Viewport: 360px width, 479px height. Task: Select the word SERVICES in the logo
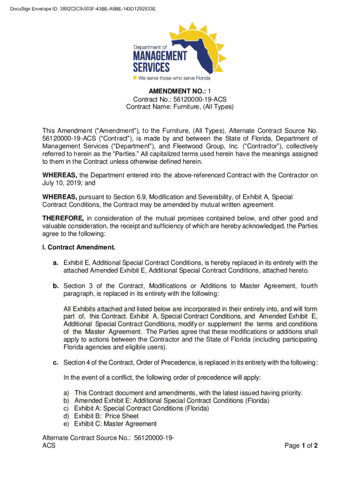[x=153, y=67]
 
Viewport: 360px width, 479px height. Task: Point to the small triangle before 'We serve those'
[x=136, y=78]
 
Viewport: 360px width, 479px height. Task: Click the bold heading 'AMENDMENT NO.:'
[x=170, y=92]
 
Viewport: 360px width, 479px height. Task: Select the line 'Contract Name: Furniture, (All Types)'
[x=180, y=107]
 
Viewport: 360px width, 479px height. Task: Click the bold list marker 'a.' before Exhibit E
[x=55, y=262]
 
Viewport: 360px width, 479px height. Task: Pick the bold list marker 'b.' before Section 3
[x=55, y=286]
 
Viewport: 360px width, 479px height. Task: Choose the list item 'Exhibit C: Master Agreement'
[x=115, y=424]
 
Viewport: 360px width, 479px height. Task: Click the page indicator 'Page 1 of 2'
[x=301, y=446]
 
